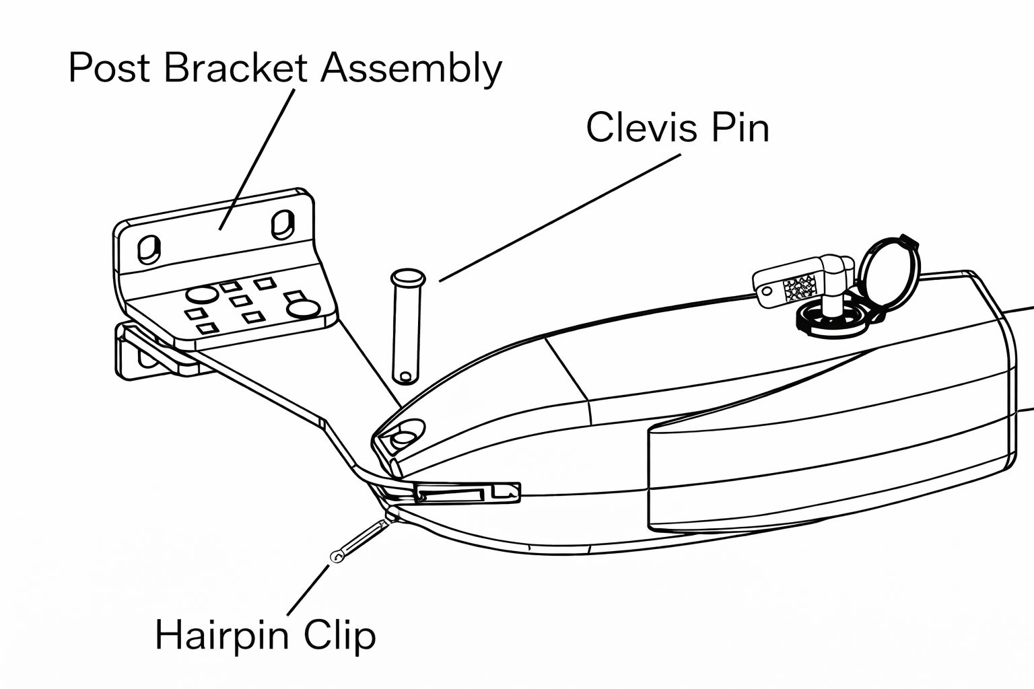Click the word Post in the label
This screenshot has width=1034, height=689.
[x=110, y=69]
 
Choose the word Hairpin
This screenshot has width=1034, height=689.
[x=223, y=635]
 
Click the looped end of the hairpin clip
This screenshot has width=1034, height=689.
[x=337, y=556]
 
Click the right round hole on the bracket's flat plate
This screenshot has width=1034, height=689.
[x=302, y=309]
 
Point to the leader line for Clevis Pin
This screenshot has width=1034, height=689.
[x=559, y=217]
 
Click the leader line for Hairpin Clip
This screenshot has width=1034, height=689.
[x=308, y=590]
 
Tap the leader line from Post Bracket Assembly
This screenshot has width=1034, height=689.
[x=257, y=159]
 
